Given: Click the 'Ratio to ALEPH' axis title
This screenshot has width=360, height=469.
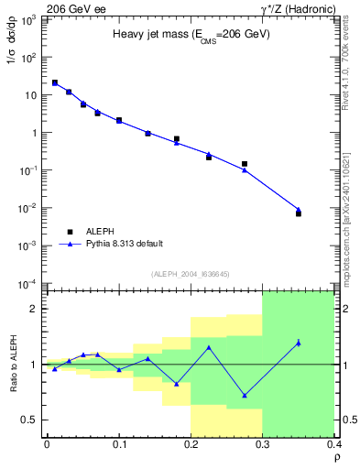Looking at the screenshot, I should [x=13, y=364].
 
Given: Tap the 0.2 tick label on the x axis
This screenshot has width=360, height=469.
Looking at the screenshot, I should [x=191, y=445].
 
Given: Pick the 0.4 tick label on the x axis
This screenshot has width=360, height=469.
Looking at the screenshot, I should [x=334, y=445].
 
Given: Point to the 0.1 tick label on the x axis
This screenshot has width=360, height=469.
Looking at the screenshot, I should [x=119, y=445].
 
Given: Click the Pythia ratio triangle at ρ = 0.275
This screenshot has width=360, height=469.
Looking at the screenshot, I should [x=245, y=396].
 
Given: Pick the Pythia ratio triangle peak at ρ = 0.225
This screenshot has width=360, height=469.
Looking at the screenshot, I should [x=209, y=347].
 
